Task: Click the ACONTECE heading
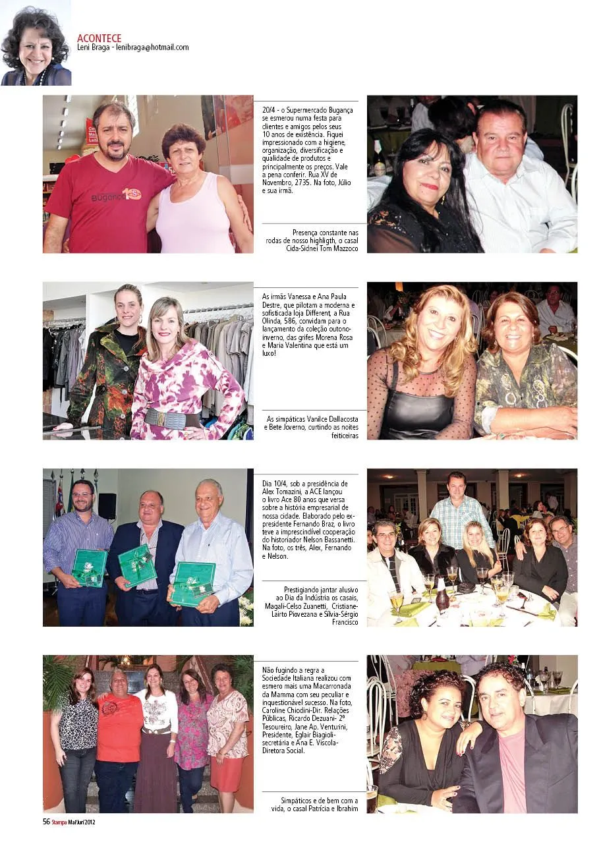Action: (x=99, y=38)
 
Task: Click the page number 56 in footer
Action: (x=46, y=821)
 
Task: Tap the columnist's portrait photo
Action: (x=36, y=43)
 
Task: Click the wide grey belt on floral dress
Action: (x=171, y=418)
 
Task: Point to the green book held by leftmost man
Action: (x=89, y=566)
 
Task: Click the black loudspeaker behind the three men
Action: (x=107, y=506)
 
